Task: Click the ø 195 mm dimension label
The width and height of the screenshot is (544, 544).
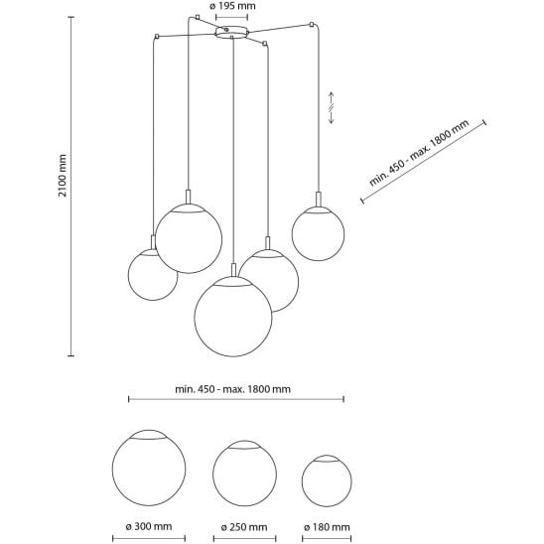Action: tap(232, 6)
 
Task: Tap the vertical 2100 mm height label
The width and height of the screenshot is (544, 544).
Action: tap(63, 176)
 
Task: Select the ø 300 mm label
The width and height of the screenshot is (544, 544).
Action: tap(149, 527)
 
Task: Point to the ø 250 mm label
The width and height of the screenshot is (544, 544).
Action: tap(244, 527)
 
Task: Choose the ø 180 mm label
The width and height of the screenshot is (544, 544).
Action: tap(327, 527)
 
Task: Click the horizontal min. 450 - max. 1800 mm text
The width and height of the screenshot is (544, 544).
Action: tap(233, 389)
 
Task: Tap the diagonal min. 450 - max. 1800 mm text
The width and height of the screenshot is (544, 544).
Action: tap(419, 152)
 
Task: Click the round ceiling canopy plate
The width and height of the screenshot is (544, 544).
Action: tap(231, 32)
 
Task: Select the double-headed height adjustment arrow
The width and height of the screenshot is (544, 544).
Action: tap(331, 107)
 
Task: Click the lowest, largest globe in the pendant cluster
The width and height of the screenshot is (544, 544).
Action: tap(233, 316)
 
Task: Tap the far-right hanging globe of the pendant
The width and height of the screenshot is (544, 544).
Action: tap(318, 234)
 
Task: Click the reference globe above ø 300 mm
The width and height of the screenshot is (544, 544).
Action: tap(149, 468)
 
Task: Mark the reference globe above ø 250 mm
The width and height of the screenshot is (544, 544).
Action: tap(244, 474)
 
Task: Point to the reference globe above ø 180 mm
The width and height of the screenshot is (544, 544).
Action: tap(327, 480)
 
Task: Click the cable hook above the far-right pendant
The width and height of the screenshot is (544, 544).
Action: tap(312, 25)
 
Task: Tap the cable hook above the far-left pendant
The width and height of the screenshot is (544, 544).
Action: tap(157, 36)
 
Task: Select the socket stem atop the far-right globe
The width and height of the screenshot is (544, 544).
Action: tap(318, 200)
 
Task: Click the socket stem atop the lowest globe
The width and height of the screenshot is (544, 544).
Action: tap(233, 270)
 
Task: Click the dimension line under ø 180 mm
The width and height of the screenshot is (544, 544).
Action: tap(327, 539)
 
